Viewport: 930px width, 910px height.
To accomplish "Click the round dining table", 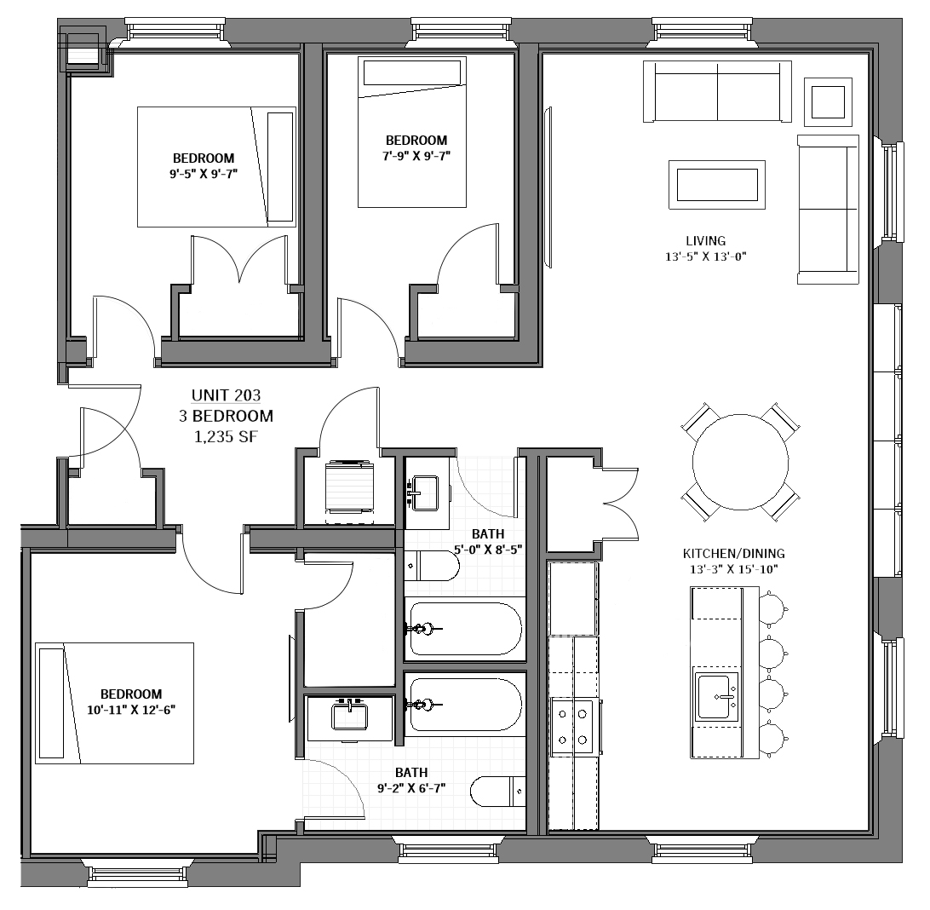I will pyautogui.click(x=739, y=461).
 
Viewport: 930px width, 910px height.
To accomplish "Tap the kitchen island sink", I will pyautogui.click(x=715, y=696).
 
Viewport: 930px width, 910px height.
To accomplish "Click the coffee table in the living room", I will pyautogui.click(x=716, y=184).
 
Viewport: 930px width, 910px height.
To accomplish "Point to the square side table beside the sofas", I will pyautogui.click(x=828, y=102).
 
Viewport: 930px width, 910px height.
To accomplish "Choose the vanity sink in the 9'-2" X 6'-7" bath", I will pyautogui.click(x=349, y=717).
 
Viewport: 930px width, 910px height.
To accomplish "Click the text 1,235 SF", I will pyautogui.click(x=226, y=436).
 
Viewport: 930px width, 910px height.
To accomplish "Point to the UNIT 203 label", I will pyautogui.click(x=226, y=395).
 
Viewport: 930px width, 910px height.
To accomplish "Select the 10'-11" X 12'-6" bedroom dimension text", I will pyautogui.click(x=130, y=709).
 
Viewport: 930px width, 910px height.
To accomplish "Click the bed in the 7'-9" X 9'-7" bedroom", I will pyautogui.click(x=412, y=132).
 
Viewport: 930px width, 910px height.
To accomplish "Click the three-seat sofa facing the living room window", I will pyautogui.click(x=828, y=209).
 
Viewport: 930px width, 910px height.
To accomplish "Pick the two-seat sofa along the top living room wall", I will pyautogui.click(x=717, y=90).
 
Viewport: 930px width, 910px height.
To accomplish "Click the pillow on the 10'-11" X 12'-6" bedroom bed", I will pyautogui.click(x=51, y=703).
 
